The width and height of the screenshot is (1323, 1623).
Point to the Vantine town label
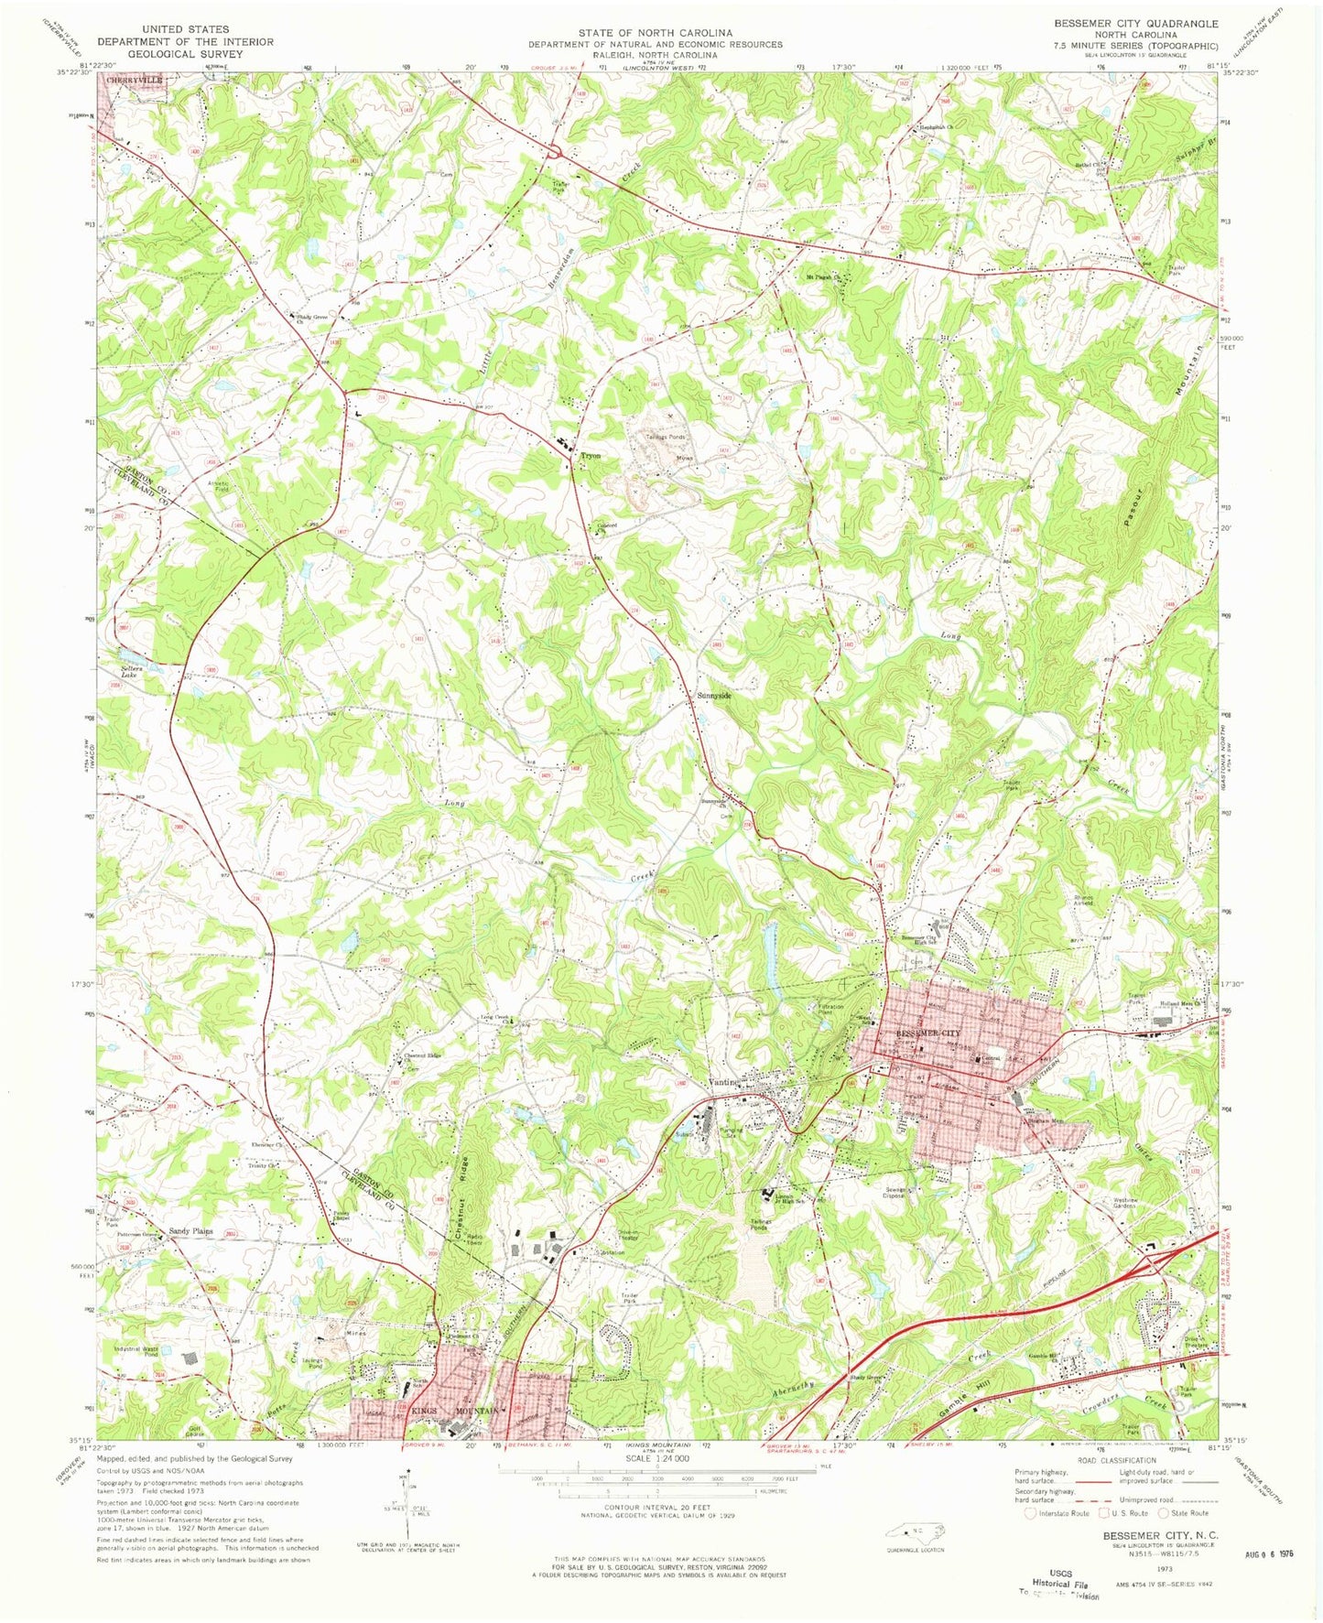[724, 1083]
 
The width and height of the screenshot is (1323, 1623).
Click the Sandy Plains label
[190, 1231]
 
